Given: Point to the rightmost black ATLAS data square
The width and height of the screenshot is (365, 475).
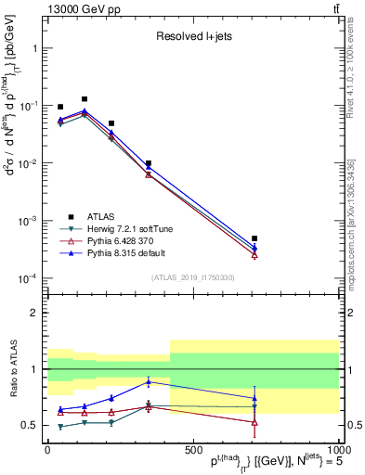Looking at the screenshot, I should pyautogui.click(x=254, y=238).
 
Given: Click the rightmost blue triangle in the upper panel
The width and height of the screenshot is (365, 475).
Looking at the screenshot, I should pyautogui.click(x=254, y=248).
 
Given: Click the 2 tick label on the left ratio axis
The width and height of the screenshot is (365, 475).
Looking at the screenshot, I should pyautogui.click(x=33, y=313).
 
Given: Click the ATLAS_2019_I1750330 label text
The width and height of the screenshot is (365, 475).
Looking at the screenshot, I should pyautogui.click(x=192, y=277).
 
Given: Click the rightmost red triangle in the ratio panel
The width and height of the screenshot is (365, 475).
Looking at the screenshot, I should pyautogui.click(x=254, y=422).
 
